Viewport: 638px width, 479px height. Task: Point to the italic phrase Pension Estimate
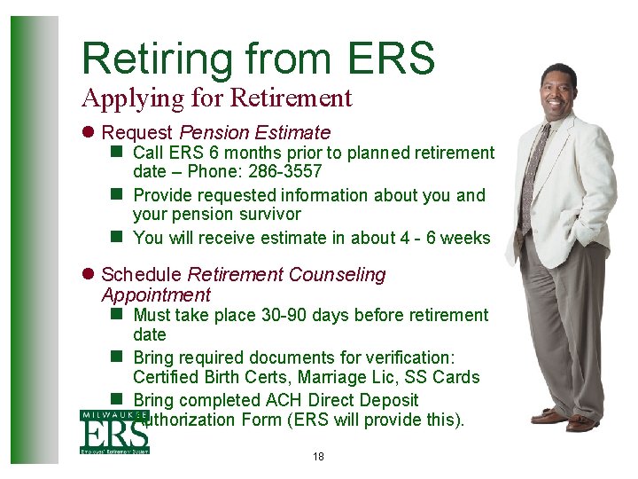pos(255,133)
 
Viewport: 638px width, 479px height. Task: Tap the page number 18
pos(319,457)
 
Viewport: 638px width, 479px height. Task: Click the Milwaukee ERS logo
pos(114,432)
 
